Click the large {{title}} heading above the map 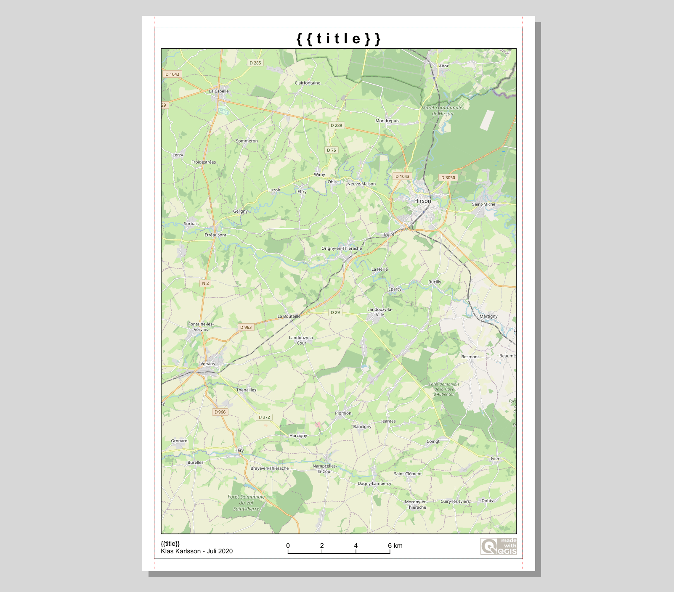pos(338,39)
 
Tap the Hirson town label pos(422,201)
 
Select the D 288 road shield pos(336,125)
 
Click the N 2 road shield pos(205,283)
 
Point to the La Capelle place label pos(219,91)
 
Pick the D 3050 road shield pos(448,177)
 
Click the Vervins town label pos(207,364)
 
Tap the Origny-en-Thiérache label pos(341,248)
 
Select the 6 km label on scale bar pos(395,546)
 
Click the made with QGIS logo pos(499,546)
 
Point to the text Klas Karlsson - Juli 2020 pos(196,551)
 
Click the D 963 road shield pos(246,327)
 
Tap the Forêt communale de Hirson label pos(443,111)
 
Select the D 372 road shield pos(264,417)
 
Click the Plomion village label pos(343,413)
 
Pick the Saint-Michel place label pos(484,204)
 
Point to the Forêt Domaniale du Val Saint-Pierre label pos(246,503)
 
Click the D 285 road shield pos(255,63)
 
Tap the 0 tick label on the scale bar pos(288,546)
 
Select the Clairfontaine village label pos(307,83)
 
